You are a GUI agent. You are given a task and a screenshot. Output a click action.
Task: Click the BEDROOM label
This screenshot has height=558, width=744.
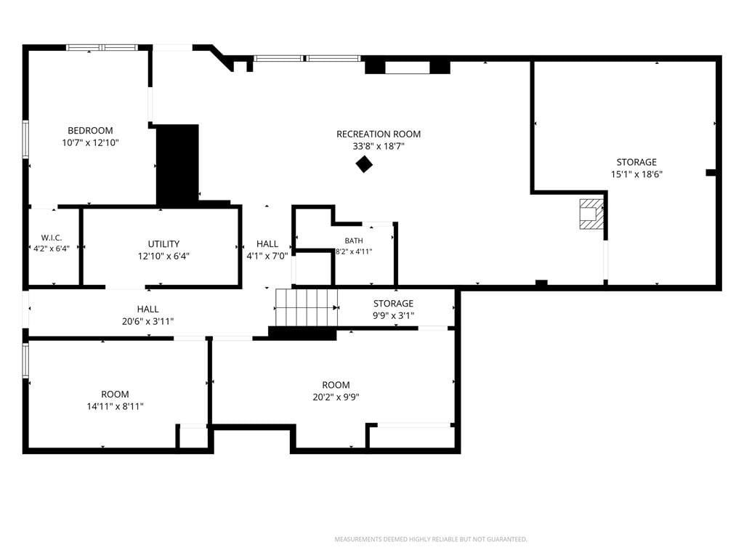point(90,131)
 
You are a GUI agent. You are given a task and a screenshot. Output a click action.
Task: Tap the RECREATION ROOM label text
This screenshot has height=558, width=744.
point(379,134)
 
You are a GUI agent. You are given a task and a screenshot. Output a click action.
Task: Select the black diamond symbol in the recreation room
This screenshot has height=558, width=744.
point(364,164)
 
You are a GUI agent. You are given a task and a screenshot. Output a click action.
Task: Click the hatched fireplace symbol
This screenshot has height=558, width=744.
point(591,214)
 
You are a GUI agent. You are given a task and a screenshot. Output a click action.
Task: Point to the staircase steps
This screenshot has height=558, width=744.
point(307,307)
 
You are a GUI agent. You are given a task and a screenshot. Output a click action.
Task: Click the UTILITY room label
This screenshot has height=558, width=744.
point(163,244)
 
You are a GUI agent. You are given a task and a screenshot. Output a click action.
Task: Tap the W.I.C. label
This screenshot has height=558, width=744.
point(52,238)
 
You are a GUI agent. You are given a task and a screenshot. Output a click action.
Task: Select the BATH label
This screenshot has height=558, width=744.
point(354,241)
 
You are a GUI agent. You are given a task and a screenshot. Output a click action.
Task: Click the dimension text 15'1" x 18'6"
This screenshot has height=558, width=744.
point(636,174)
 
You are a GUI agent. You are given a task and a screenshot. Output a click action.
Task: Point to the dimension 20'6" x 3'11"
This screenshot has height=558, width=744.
point(148,321)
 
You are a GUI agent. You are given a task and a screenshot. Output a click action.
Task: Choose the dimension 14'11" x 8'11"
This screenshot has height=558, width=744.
point(115,406)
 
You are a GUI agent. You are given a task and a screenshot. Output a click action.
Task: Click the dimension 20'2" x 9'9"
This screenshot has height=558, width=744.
point(336,397)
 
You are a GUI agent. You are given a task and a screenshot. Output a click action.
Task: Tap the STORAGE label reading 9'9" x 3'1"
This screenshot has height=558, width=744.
point(393,303)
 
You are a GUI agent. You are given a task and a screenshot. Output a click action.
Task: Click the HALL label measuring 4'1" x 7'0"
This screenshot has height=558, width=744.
point(267,244)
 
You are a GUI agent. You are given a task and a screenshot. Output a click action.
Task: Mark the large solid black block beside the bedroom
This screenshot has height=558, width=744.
point(177,165)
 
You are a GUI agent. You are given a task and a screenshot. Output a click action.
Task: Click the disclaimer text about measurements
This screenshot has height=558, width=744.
point(431,539)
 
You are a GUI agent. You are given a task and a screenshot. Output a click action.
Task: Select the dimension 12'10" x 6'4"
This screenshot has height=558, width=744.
point(163,256)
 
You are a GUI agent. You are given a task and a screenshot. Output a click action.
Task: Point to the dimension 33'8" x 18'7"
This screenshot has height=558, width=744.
point(379,146)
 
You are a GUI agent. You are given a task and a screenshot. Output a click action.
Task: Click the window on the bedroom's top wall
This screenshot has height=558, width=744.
point(102,47)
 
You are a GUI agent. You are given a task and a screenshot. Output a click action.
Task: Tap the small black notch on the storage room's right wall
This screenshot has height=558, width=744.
point(711,172)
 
